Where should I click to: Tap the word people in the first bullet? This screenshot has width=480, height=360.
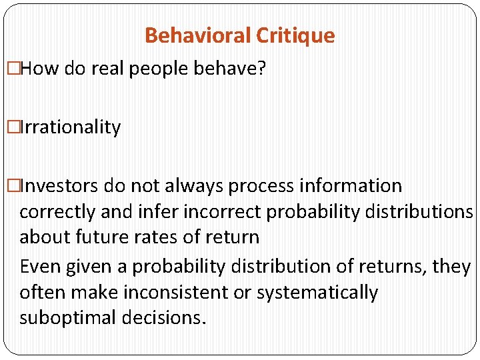(153, 69)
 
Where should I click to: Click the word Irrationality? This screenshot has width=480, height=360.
(71, 127)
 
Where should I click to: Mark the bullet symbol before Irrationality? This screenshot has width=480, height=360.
(13, 127)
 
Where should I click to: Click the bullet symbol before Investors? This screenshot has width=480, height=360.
(13, 185)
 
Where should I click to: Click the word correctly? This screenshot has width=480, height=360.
(58, 212)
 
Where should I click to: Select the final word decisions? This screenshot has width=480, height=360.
(163, 318)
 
